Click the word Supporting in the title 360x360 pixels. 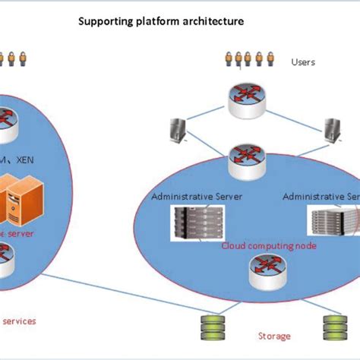pos(105,22)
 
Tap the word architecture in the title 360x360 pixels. pos(210,22)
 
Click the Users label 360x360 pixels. pos(303,62)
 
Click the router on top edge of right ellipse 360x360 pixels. pos(246,156)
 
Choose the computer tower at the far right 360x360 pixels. pos(331,130)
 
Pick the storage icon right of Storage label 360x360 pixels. pos(331,327)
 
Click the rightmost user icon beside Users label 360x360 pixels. pos(270,58)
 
